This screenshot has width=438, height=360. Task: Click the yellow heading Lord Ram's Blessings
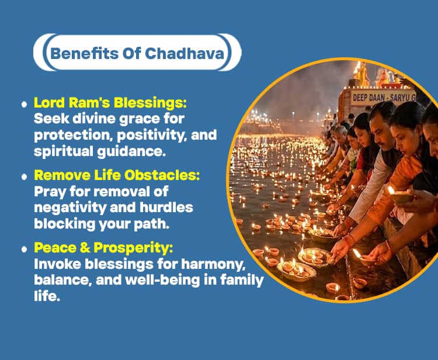click(x=110, y=102)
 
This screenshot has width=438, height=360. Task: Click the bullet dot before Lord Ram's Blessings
click(x=24, y=104)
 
